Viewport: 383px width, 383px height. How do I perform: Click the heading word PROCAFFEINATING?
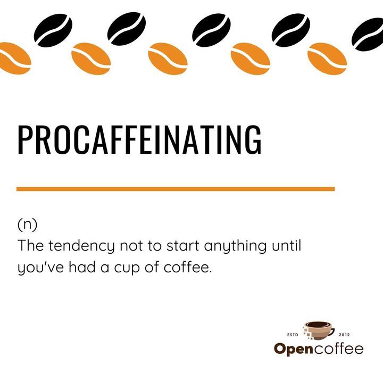[x=140, y=139]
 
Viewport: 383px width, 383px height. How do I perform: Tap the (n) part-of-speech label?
[x=27, y=224]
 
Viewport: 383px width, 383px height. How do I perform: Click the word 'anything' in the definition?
[x=236, y=246]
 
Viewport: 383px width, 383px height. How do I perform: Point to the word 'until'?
[x=287, y=245]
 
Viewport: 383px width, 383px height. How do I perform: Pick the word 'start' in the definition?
[x=182, y=245]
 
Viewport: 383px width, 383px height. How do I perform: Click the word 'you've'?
[x=41, y=268]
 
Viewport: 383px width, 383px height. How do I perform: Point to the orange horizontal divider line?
[x=176, y=189]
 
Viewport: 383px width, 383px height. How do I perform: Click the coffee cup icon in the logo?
[x=319, y=330]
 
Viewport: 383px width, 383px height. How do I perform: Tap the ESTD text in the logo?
[x=293, y=335]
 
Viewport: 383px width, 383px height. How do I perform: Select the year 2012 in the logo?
[x=344, y=335]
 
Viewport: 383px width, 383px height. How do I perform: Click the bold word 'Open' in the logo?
[x=294, y=349]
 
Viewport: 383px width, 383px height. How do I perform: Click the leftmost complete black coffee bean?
[x=53, y=30]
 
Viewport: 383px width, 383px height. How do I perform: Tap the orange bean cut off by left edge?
[x=15, y=59]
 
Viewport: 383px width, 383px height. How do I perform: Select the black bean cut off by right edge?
[x=368, y=35]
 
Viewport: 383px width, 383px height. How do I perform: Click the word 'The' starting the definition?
[x=30, y=245]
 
